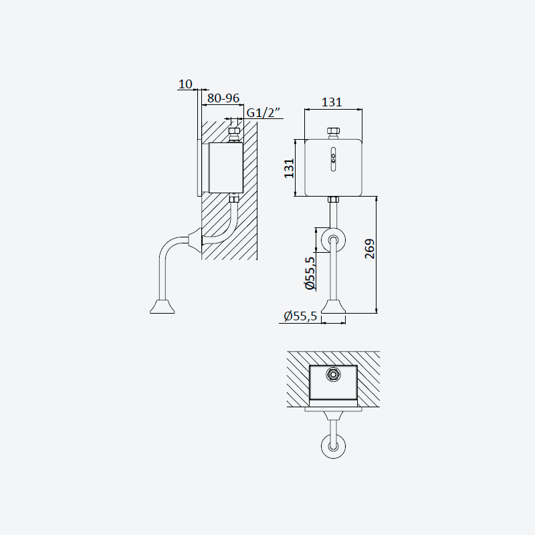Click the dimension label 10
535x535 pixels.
(185, 84)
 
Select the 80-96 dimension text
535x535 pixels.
(223, 98)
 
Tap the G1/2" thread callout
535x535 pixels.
(263, 112)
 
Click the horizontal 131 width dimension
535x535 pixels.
(332, 102)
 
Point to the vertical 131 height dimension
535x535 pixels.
(289, 169)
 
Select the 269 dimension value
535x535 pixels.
(370, 249)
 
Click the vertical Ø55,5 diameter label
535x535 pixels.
(310, 273)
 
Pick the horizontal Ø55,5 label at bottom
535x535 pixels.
(300, 316)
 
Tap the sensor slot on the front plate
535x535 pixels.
(333, 159)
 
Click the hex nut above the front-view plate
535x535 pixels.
(333, 131)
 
